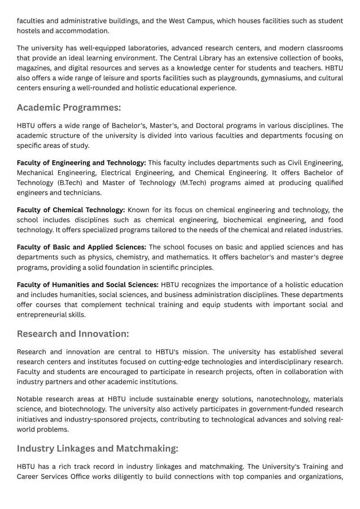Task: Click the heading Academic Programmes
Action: [x=69, y=107]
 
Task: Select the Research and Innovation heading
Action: [x=73, y=334]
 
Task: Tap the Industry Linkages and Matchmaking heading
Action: [x=98, y=448]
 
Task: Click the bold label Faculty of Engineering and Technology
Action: [x=81, y=163]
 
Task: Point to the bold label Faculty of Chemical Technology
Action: [x=71, y=210]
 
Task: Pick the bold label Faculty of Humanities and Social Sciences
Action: [x=87, y=284]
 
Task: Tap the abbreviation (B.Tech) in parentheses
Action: [x=72, y=183]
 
